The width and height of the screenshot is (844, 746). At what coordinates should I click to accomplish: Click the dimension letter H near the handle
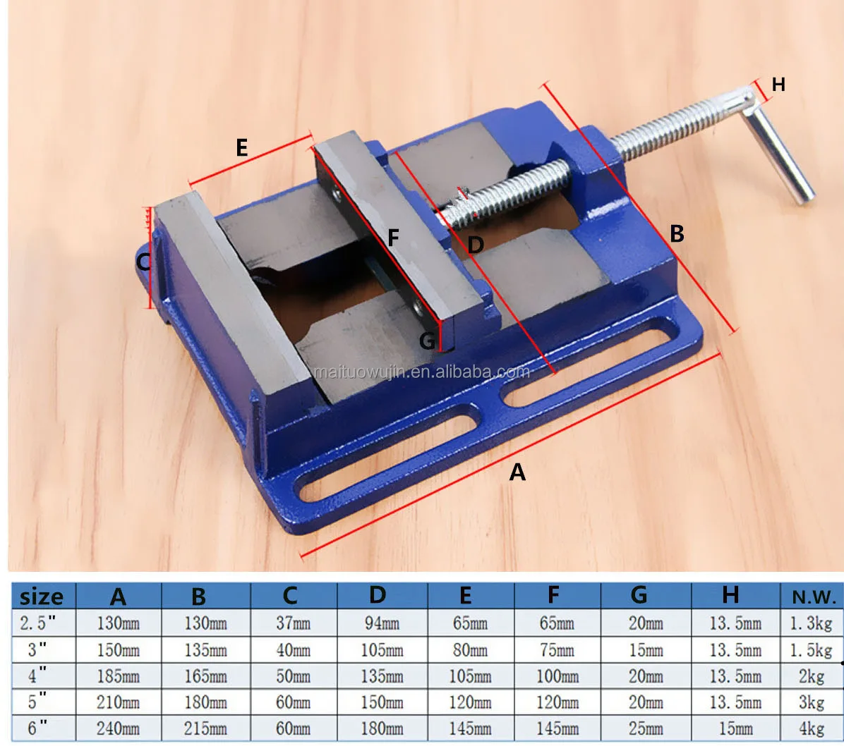(x=778, y=85)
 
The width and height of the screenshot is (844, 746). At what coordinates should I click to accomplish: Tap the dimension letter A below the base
(x=517, y=472)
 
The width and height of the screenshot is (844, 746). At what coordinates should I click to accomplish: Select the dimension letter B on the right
(x=677, y=233)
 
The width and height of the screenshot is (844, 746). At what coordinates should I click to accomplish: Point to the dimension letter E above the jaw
(x=241, y=147)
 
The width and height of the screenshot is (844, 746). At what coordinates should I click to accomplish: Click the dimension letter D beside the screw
(x=476, y=245)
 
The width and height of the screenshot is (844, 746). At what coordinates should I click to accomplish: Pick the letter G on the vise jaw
(x=427, y=341)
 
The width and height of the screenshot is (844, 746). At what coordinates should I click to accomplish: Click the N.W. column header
(x=814, y=597)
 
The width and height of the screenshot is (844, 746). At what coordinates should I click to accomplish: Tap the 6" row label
(x=37, y=728)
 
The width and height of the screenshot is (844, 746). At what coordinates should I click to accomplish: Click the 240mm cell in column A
(x=118, y=729)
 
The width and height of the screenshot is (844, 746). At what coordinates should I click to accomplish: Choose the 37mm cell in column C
(x=294, y=623)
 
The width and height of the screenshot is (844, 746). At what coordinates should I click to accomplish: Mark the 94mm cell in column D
(x=382, y=623)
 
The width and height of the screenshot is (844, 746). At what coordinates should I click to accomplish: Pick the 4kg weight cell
(x=811, y=729)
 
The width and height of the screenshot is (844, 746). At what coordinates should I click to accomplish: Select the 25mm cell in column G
(x=646, y=729)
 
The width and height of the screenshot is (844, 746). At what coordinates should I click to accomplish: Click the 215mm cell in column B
(x=205, y=729)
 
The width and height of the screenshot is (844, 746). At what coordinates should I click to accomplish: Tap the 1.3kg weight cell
(x=811, y=623)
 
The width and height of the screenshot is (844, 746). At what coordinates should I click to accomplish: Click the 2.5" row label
(x=37, y=623)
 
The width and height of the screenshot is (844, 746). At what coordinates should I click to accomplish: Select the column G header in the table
(x=639, y=595)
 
